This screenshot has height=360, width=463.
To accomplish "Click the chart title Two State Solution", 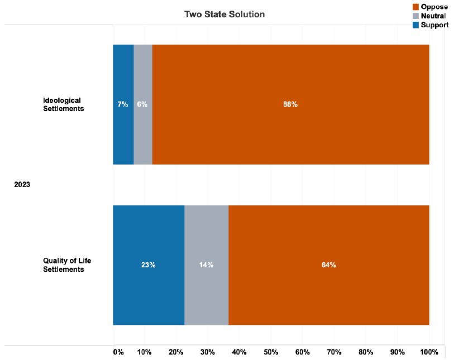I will (x=225, y=14).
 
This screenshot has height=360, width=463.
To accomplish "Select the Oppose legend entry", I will (x=433, y=7).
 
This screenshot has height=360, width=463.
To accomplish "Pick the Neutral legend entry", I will (x=433, y=16).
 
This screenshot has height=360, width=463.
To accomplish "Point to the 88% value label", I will (x=290, y=104).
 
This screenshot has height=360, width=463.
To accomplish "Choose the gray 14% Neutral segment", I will (x=206, y=265).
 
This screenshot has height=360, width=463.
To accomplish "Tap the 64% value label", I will (x=328, y=265).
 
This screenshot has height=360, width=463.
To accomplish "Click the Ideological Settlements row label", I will (x=64, y=104).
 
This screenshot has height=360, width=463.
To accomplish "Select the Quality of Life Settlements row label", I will (x=64, y=265).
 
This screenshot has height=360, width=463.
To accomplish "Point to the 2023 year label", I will (x=22, y=184).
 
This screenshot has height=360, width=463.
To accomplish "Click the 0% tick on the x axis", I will (x=118, y=352).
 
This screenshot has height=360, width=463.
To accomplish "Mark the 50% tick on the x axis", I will (x=271, y=352).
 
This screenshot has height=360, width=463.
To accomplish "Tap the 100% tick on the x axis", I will (x=429, y=352).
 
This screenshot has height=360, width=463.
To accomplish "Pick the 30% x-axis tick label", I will (x=208, y=352).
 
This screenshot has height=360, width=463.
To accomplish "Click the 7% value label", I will (x=123, y=104).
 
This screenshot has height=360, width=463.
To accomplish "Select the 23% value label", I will (x=149, y=265).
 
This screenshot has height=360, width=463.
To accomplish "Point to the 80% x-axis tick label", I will (x=366, y=352).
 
